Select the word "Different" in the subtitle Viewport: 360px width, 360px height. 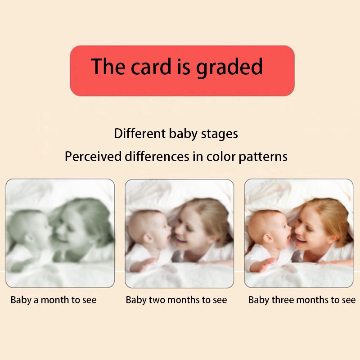click(140, 134)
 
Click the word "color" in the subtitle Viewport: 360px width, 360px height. click(222, 157)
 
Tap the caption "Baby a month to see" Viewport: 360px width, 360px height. click(54, 300)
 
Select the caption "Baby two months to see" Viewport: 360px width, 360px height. click(176, 300)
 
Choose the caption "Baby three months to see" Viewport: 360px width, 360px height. click(302, 300)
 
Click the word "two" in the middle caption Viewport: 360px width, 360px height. click(153, 300)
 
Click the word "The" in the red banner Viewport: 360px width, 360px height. click(108, 67)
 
